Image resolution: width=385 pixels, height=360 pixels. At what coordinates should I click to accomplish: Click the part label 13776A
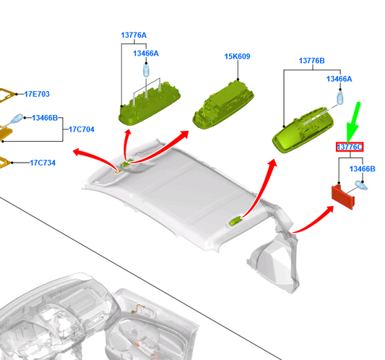tap(134, 35)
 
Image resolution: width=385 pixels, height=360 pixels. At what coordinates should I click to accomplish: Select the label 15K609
tap(237, 56)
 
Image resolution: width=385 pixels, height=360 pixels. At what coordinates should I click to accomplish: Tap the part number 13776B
tap(311, 61)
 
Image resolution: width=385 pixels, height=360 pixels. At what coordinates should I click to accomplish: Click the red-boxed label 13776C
tap(350, 147)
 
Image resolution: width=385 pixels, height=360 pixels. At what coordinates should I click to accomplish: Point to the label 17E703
tap(37, 94)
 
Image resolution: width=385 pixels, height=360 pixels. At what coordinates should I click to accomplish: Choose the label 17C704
tap(82, 129)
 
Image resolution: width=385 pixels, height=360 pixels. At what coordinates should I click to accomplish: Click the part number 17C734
tap(43, 163)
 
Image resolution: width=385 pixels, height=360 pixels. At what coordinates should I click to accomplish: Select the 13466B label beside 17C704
tap(45, 118)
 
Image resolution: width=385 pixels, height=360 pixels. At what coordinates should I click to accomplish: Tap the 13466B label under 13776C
tap(362, 169)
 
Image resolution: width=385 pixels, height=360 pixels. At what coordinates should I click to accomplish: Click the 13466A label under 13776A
tap(146, 53)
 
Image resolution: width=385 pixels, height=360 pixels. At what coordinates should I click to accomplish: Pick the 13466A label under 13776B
tap(339, 79)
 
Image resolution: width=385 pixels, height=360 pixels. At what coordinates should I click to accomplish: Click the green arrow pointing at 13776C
tap(354, 123)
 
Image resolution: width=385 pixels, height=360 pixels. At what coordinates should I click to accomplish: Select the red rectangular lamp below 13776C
tap(343, 197)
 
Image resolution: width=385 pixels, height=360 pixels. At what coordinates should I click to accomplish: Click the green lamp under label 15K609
tap(223, 105)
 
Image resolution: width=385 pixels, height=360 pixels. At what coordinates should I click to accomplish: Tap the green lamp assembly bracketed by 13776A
tap(150, 104)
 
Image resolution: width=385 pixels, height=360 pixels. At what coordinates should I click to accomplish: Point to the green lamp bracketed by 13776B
tap(303, 130)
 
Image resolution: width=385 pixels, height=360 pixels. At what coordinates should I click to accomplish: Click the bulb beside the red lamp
tap(361, 185)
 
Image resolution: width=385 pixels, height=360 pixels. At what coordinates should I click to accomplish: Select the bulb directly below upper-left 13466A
tap(146, 70)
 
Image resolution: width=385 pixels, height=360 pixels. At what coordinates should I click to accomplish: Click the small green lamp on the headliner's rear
tap(235, 220)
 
